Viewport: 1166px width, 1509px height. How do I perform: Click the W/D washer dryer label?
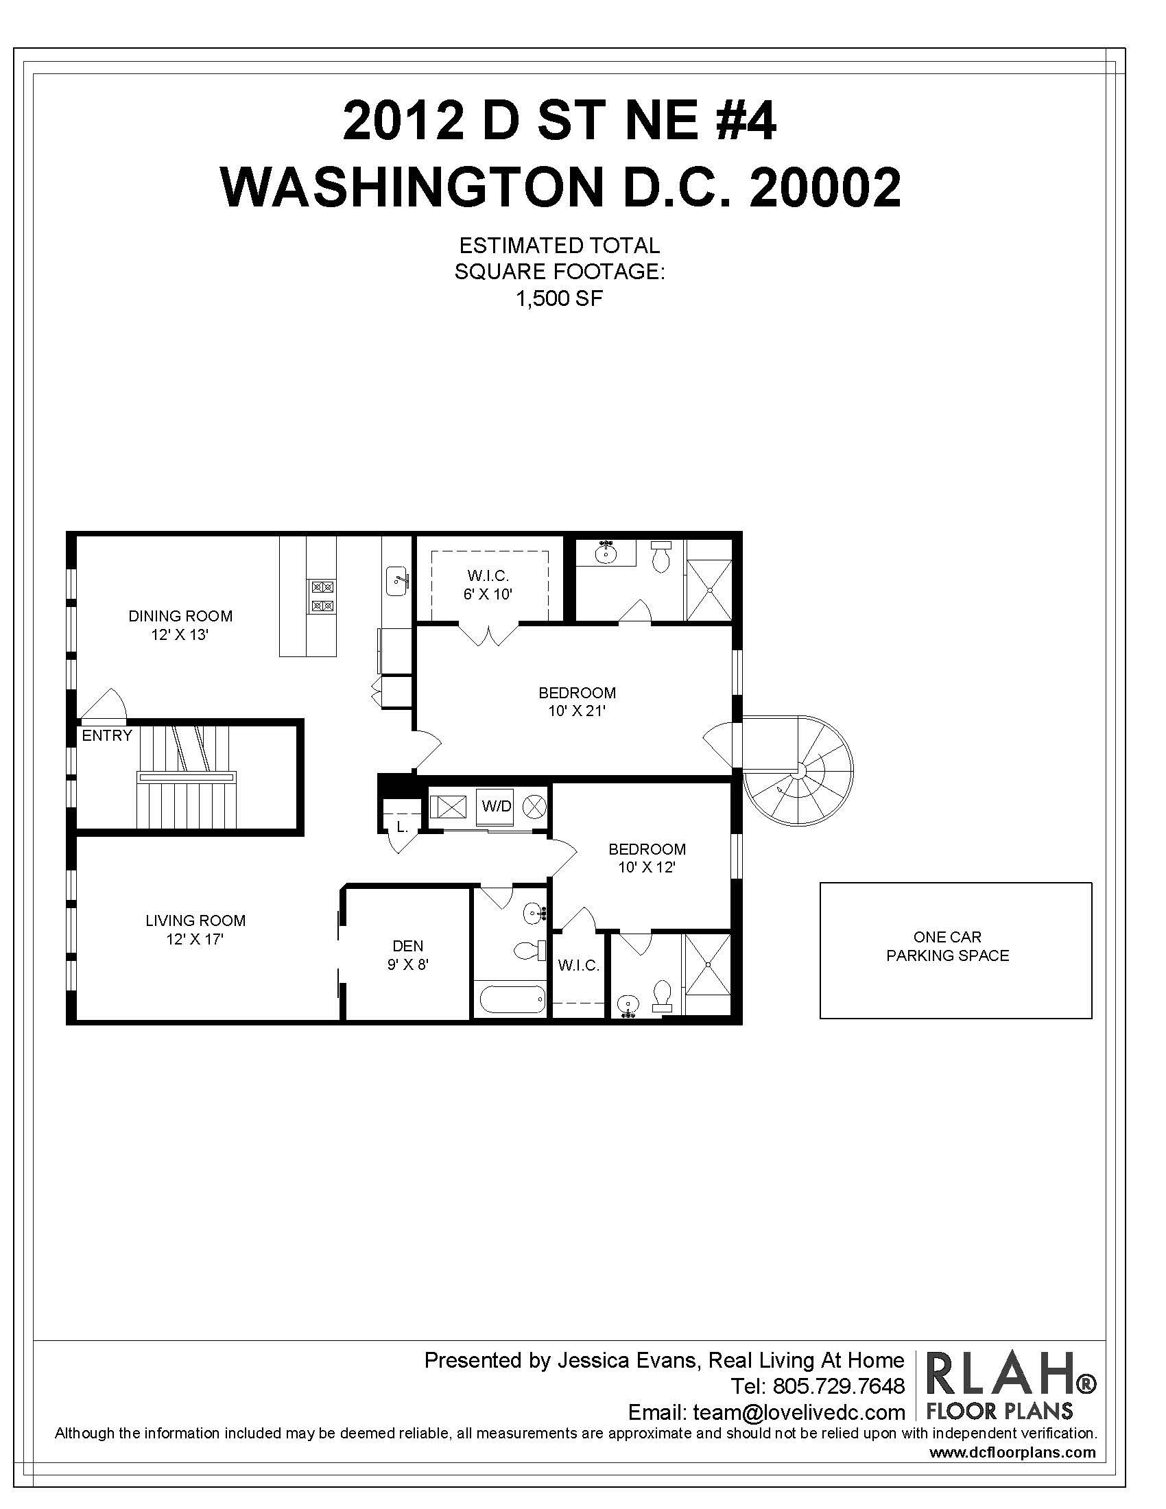(496, 805)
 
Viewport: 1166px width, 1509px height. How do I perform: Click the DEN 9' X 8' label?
(407, 955)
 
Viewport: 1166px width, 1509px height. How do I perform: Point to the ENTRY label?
(106, 736)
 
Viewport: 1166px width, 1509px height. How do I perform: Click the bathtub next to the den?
(512, 999)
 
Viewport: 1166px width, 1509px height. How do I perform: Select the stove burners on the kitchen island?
(322, 597)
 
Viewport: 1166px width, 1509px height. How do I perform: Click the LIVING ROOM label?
(195, 920)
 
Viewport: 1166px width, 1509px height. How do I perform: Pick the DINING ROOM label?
(180, 616)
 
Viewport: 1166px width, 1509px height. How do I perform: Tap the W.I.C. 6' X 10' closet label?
(488, 584)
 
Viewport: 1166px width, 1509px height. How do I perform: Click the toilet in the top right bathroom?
(661, 556)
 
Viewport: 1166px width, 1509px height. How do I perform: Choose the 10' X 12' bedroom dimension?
(646, 867)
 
